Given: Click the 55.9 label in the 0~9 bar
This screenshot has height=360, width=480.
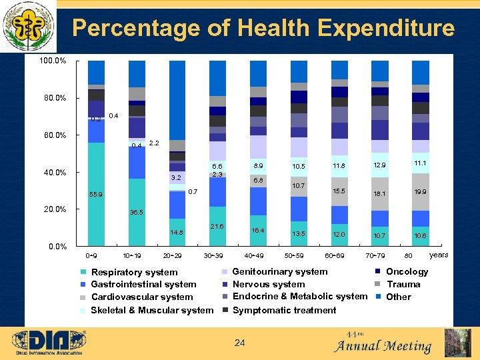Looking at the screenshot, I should [97, 195].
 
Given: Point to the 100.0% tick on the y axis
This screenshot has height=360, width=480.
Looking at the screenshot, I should [53, 61].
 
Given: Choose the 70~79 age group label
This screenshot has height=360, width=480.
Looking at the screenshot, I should [379, 255].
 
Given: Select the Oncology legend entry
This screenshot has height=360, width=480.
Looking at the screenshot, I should [407, 271].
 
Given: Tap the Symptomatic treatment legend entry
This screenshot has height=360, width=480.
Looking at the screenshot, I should [284, 310].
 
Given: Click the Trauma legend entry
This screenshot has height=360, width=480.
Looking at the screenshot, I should [403, 284].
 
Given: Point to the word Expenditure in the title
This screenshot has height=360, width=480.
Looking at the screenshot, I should [387, 28].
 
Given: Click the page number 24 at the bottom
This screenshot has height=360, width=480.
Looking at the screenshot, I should [240, 343].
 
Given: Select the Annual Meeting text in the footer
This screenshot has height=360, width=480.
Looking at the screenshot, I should [383, 346].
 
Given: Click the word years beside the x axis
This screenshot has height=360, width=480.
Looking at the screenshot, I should [439, 255].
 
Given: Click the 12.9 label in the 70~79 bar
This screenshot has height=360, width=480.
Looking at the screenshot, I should [379, 165].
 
